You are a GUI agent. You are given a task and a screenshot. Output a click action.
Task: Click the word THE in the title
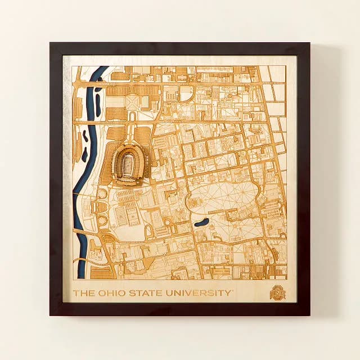(84, 293)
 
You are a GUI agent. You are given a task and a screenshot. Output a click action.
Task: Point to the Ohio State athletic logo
(278, 292)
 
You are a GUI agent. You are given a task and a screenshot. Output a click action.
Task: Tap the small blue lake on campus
(201, 222)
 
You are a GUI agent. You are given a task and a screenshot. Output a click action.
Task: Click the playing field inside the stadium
(129, 164)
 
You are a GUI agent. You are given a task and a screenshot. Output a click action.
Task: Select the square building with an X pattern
(132, 101)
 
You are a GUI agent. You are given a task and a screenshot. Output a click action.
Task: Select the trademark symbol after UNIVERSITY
(233, 290)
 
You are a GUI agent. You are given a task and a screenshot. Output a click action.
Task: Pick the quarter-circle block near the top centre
(187, 93)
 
